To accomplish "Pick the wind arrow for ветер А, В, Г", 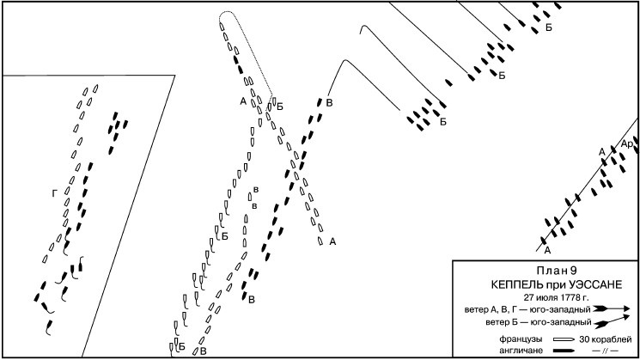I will tap(613, 308).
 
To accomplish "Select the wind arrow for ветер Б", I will tap(613, 322).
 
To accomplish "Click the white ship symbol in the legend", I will tap(564, 339).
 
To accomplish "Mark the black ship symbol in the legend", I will tap(564, 350).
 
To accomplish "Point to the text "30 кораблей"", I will tap(606, 339).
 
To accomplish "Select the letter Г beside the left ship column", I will tap(54, 195).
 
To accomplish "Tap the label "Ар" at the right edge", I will tap(626, 143).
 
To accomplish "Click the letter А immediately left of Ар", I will tap(602, 151).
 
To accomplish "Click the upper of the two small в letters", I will tap(253, 190).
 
